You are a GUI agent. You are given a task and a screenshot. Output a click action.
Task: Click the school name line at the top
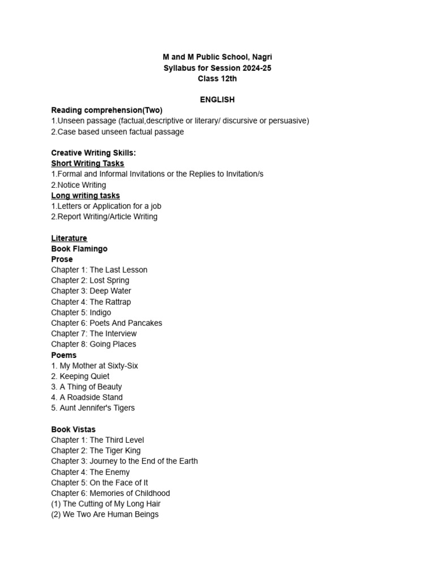(217, 57)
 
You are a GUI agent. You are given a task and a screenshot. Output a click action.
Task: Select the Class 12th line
(217, 79)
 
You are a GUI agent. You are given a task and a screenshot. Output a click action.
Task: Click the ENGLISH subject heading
(217, 100)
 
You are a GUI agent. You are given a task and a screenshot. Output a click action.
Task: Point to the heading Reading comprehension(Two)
(106, 110)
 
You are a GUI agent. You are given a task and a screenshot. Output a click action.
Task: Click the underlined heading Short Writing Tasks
(87, 163)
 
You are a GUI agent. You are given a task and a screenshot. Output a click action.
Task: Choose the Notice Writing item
(79, 185)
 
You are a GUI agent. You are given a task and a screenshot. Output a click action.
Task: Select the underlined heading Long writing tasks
(86, 196)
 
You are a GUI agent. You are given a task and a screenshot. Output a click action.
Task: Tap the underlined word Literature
(69, 238)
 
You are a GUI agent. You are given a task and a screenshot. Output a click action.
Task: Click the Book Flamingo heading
(79, 249)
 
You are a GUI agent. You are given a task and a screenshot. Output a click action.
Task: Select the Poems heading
(64, 355)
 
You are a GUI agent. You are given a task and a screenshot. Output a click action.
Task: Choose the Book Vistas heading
(74, 429)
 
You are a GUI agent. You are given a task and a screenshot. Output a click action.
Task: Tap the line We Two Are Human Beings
(105, 515)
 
